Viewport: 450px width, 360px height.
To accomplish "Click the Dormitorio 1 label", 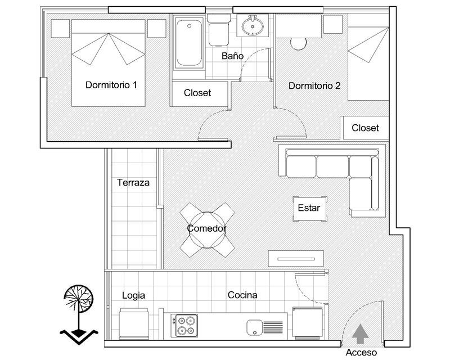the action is [111, 85].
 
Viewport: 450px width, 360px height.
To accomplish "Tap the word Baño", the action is [232, 56].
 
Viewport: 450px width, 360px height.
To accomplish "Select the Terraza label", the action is [133, 183].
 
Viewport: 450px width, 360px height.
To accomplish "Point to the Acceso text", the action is [361, 352].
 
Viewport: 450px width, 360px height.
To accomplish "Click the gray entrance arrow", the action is [360, 334].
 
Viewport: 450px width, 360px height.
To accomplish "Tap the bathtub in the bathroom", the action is [189, 43].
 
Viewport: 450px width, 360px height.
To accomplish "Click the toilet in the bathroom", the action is [219, 30].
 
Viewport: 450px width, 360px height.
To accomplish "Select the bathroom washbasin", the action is [253, 26].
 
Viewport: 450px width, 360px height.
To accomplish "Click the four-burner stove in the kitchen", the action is [184, 326].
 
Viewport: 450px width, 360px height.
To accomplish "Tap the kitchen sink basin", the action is [255, 327].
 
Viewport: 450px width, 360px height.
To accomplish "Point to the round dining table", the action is [207, 230].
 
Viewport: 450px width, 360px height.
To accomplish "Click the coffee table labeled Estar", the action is [310, 209].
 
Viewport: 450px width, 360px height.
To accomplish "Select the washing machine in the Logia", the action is [134, 324].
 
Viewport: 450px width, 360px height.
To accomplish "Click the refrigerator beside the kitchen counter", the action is [307, 322].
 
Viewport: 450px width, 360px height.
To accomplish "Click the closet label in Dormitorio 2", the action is [365, 128].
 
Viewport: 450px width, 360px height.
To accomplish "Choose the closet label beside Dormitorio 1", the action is [197, 93].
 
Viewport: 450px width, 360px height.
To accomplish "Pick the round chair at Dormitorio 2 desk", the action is [299, 44].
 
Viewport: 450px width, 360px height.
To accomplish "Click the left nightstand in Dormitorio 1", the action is [60, 29].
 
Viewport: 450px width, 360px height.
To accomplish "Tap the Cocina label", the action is [242, 295].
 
